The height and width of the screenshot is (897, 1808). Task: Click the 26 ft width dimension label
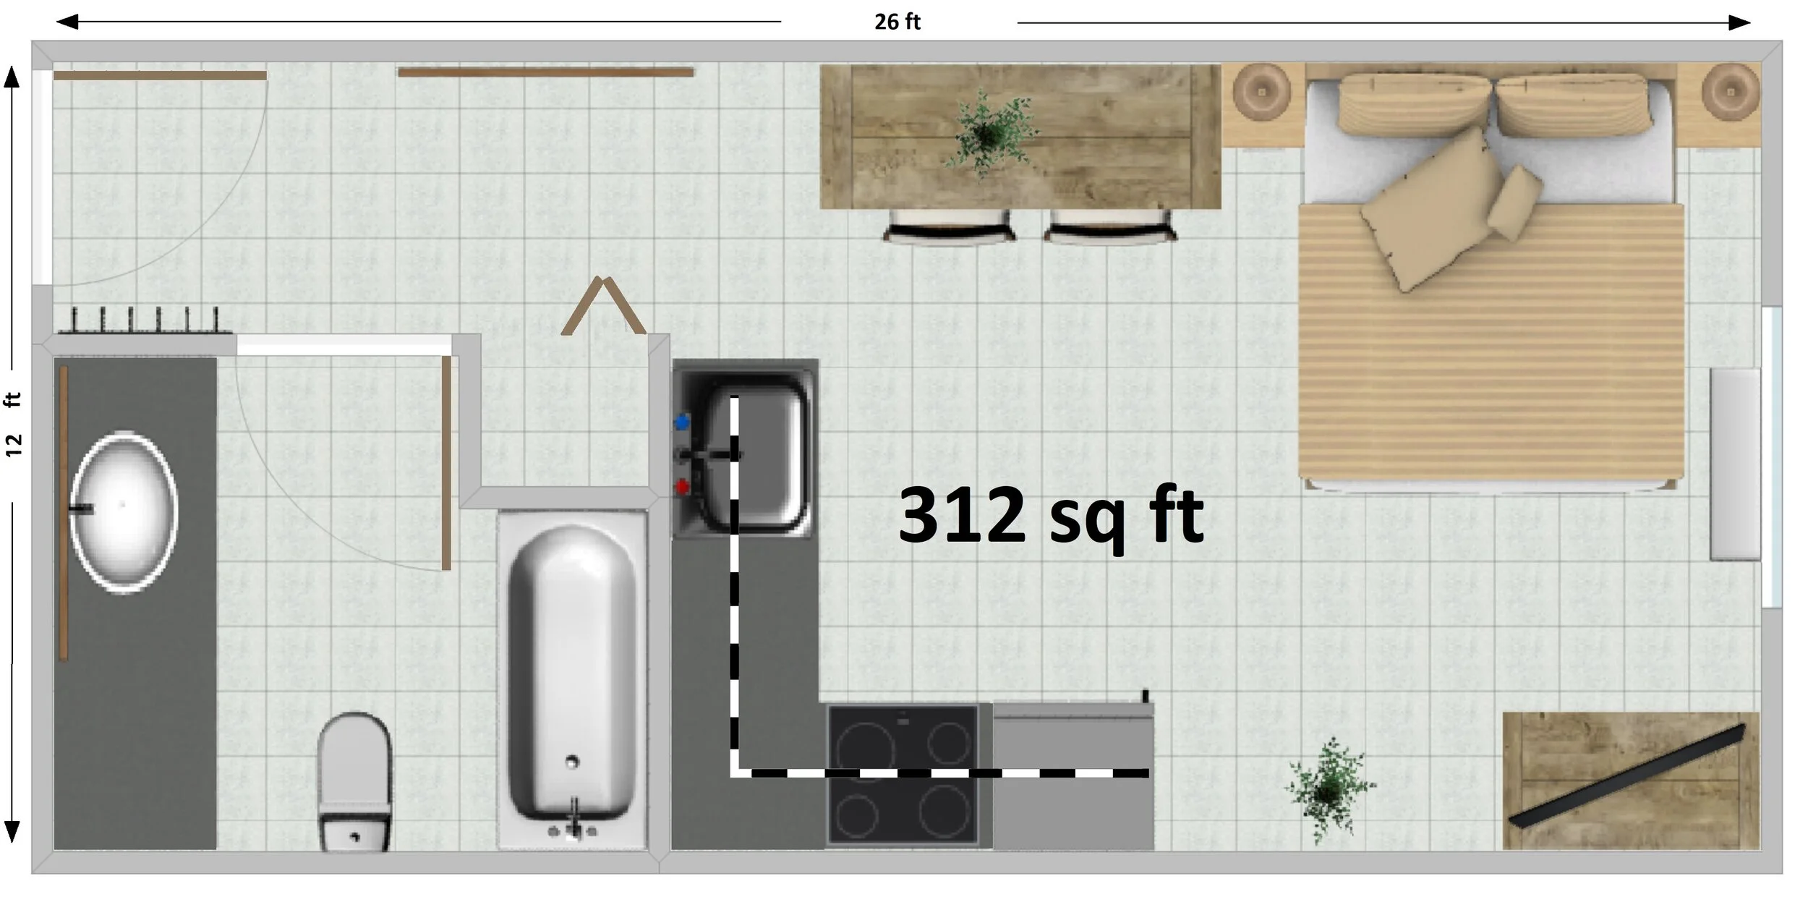(897, 22)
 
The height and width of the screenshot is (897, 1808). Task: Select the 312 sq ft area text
(1050, 516)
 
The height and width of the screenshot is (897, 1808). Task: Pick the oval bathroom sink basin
(124, 512)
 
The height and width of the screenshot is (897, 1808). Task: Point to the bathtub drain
(572, 761)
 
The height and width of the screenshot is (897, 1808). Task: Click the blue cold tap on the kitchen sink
(681, 421)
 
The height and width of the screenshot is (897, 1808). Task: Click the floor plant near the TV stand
(1329, 791)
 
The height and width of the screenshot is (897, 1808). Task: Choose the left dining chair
(948, 226)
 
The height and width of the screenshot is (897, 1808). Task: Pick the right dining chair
(1110, 226)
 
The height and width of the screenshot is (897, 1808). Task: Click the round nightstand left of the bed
(1261, 93)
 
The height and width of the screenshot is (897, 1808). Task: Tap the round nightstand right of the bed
(1730, 93)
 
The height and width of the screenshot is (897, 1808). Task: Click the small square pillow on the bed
(1514, 202)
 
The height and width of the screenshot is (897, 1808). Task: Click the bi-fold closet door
(602, 305)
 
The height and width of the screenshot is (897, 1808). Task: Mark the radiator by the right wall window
(1735, 464)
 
